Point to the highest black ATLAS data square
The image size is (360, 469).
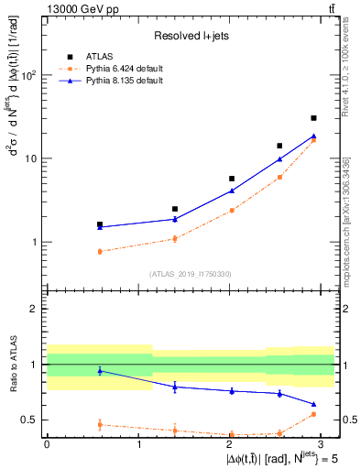(x=313, y=118)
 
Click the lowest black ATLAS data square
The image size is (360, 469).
(x=99, y=224)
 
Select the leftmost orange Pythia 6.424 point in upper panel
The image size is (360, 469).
(x=99, y=251)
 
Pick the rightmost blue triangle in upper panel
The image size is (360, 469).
(x=313, y=136)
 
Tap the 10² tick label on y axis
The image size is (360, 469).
(x=28, y=75)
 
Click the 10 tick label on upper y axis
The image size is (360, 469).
(x=31, y=158)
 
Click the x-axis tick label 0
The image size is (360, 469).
(x=47, y=443)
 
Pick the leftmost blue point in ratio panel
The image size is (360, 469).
(x=99, y=370)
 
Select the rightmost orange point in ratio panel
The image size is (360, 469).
(x=313, y=414)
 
